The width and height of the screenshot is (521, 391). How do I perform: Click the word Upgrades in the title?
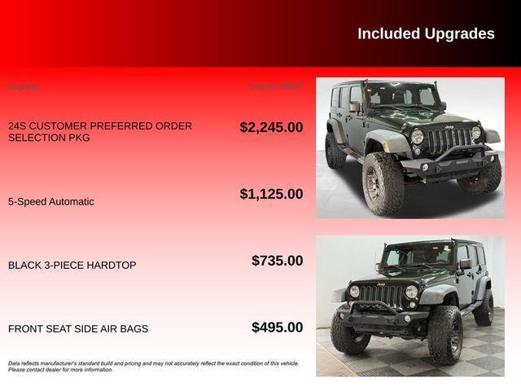tap(459, 33)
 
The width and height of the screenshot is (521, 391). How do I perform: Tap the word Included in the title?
tap(388, 33)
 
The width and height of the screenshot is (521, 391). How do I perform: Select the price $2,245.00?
tap(271, 127)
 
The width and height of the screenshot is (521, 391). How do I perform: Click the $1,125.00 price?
tap(271, 194)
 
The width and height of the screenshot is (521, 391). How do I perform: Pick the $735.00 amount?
tap(277, 261)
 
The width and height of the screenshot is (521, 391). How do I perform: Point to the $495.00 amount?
tap(277, 327)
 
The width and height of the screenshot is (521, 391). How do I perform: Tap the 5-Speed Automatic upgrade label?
tap(51, 201)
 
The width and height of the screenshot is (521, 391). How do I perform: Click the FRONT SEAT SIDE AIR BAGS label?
tap(78, 329)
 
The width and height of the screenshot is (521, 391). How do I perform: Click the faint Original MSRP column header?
tap(275, 86)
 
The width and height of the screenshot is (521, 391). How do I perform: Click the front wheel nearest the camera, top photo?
tap(383, 182)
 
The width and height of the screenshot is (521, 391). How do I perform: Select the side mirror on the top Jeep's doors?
tap(355, 107)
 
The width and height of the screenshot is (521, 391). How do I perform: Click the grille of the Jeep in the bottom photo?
tap(383, 294)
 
